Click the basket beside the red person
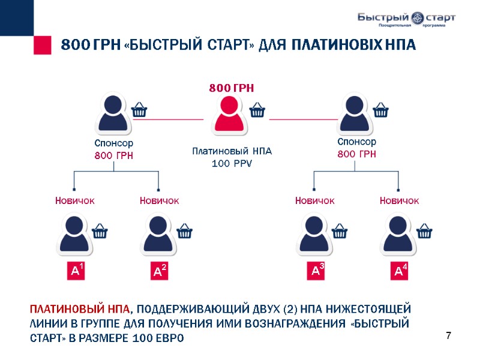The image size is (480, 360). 257,110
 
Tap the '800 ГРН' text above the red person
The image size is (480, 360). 232,88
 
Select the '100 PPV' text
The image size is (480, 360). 232,163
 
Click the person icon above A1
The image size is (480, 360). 74,235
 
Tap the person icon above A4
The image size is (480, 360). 398,235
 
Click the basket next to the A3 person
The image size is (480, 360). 340,231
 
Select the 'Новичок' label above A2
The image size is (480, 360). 159,200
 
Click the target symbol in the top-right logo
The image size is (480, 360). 415,17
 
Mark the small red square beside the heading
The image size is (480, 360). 42,45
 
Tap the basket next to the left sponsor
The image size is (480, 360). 139,110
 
